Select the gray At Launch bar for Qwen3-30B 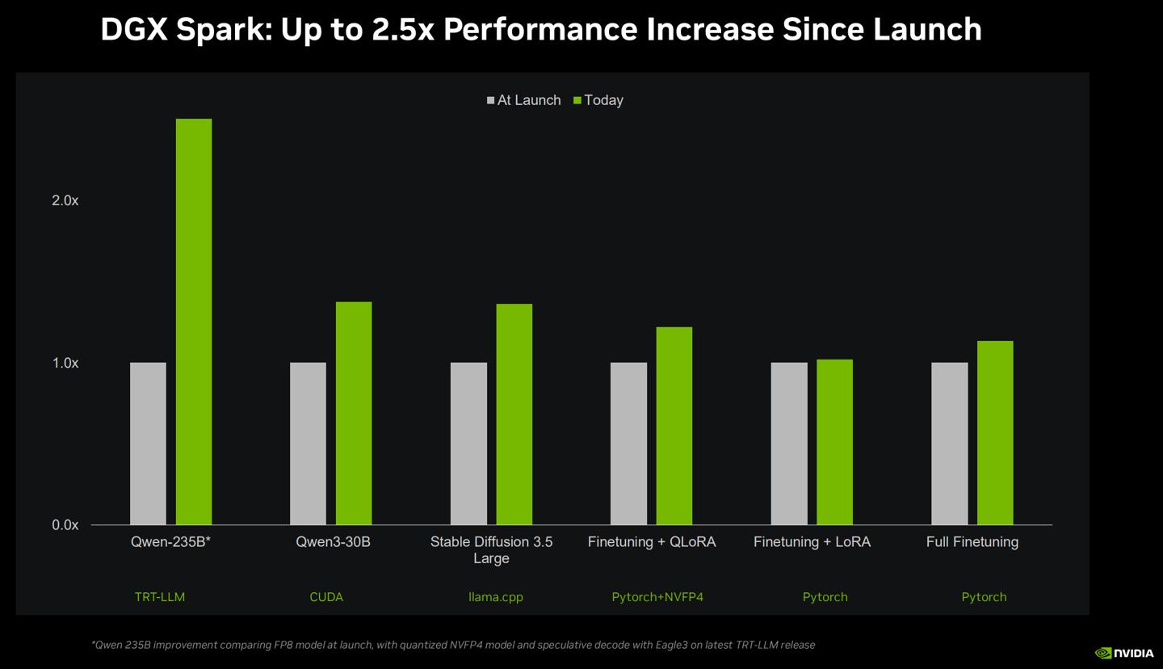[x=308, y=444]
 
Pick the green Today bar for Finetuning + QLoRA [x=674, y=426]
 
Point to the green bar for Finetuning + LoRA [x=834, y=442]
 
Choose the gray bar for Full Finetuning [x=949, y=444]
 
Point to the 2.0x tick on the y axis [x=65, y=200]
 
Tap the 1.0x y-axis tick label [x=65, y=364]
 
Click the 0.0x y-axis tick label [x=65, y=525]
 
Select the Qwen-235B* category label [x=170, y=542]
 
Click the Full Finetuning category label [x=972, y=542]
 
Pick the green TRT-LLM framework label [x=160, y=597]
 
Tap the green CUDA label [x=326, y=597]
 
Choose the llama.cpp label [x=496, y=597]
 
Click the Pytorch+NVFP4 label [x=657, y=597]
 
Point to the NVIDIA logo [x=1124, y=653]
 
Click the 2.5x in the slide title [x=403, y=30]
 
